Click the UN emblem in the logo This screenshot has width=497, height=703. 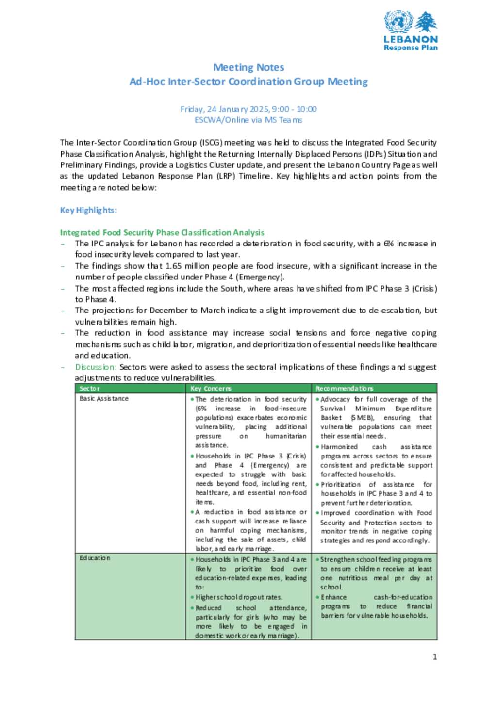click(398, 21)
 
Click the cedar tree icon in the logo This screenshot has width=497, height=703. click(426, 21)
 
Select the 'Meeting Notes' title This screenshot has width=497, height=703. click(248, 67)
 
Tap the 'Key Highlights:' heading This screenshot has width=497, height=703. click(88, 210)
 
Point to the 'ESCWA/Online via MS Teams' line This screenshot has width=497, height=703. click(248, 120)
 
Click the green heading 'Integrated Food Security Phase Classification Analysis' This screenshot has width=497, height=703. click(162, 232)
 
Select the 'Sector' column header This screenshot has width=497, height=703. click(90, 389)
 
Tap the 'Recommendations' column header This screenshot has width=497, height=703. click(344, 389)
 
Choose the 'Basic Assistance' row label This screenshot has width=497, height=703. click(104, 399)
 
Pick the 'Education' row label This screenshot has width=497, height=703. click(95, 558)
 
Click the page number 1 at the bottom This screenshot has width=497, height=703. click(435, 657)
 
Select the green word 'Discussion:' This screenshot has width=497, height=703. click(96, 367)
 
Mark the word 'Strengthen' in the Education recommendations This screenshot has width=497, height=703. click(337, 559)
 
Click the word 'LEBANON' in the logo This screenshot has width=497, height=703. click(411, 39)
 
